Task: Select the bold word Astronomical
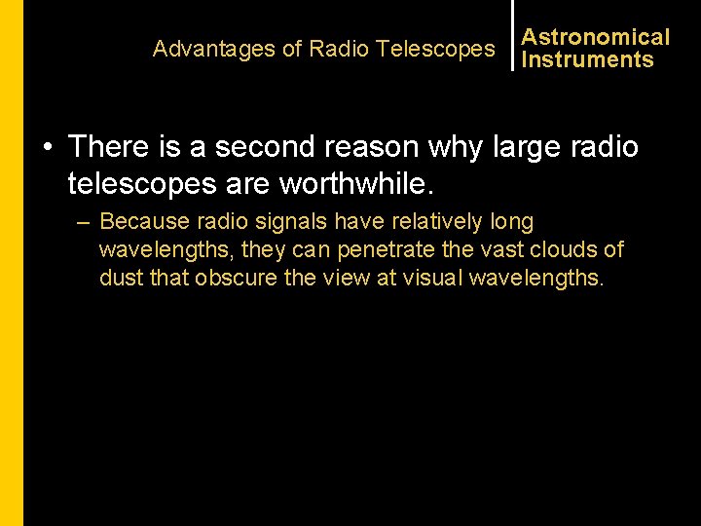coord(596,37)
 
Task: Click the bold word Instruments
coord(588,59)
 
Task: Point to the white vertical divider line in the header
coord(513,35)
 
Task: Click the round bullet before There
coord(47,148)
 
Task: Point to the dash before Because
coord(84,223)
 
